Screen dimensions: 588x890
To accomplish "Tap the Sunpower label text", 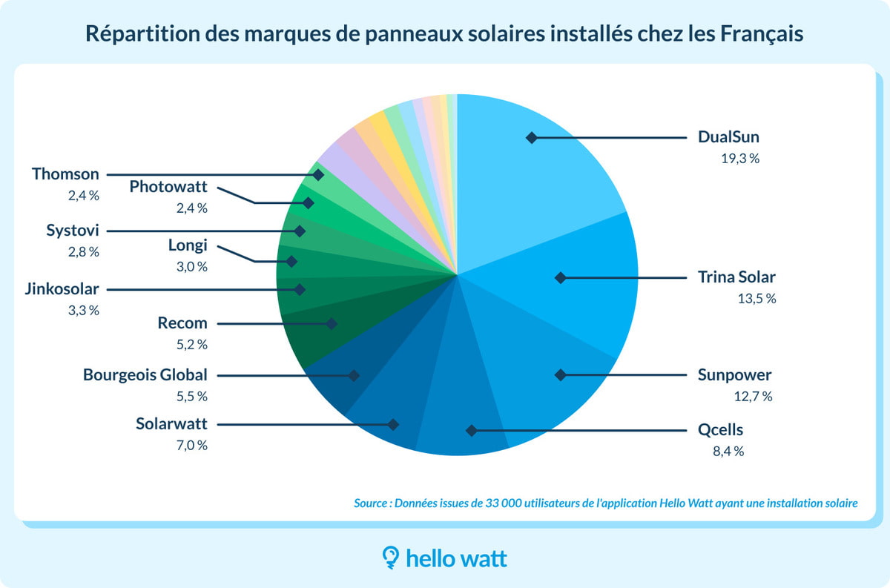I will (x=734, y=374).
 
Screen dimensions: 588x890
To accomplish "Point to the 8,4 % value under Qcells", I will (x=728, y=451).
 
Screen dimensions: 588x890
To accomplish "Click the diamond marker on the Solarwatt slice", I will (x=393, y=425).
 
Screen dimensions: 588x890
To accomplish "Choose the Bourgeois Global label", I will (x=145, y=374).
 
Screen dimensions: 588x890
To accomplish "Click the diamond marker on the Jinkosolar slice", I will (x=300, y=289).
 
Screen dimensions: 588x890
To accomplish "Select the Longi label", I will (x=188, y=245).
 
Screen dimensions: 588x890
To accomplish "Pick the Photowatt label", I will (x=168, y=187).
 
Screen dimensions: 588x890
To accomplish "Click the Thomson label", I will (x=65, y=174).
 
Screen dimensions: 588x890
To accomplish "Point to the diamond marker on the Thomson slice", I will (x=318, y=175).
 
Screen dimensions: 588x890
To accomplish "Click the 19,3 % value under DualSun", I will (x=739, y=158).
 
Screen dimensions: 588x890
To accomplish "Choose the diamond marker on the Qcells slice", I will (x=470, y=430).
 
